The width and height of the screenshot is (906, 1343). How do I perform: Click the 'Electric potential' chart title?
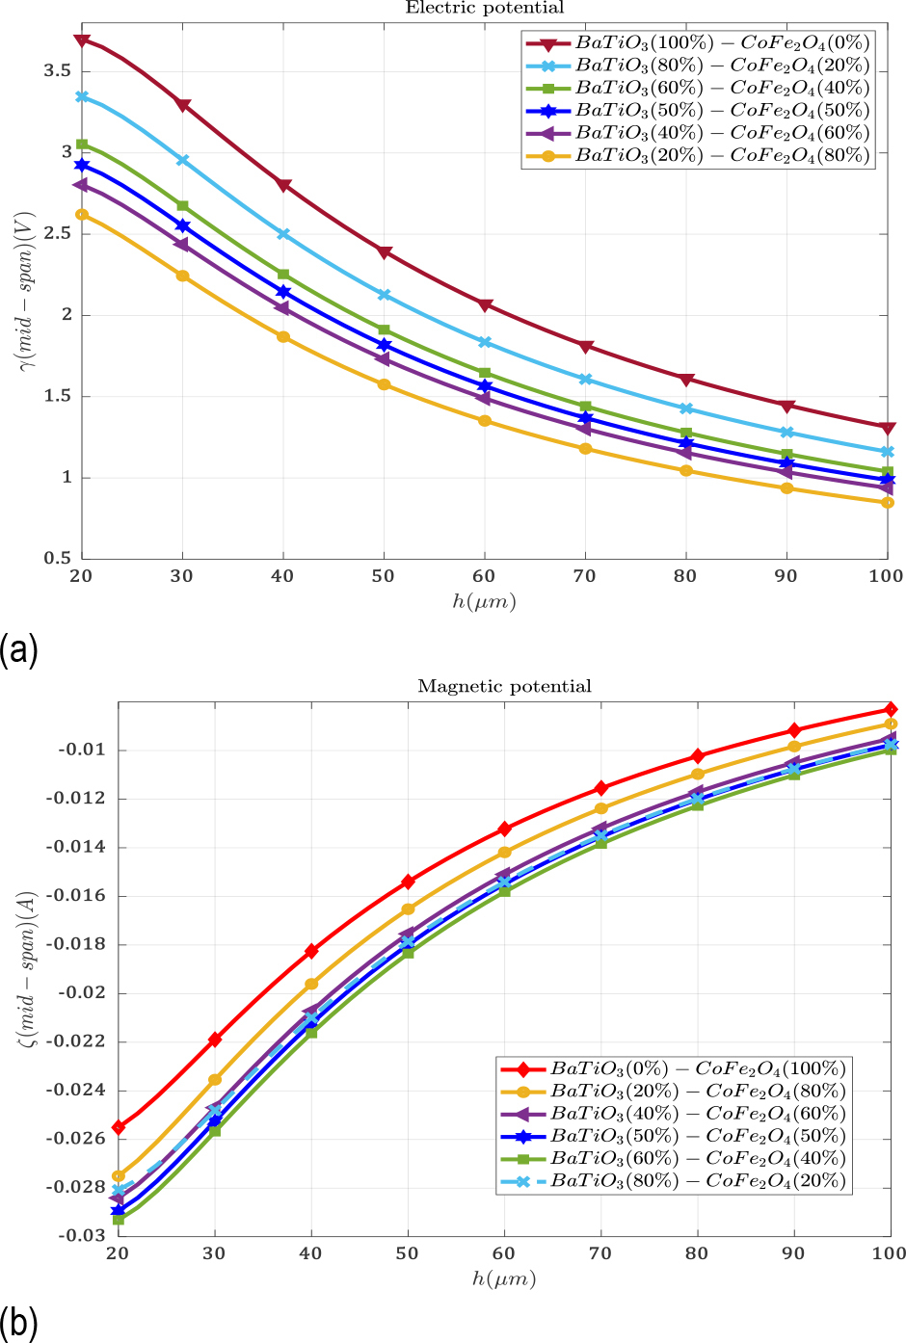point(484,9)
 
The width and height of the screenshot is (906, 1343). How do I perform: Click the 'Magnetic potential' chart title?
point(504,687)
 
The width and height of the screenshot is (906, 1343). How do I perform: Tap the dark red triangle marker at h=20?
point(82,40)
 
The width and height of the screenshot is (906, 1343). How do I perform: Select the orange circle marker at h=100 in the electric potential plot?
point(888,503)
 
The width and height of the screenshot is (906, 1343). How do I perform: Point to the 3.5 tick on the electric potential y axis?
point(58,71)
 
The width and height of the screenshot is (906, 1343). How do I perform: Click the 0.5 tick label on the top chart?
point(58,559)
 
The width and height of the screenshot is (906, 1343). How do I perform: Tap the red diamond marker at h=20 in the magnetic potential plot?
point(119,1127)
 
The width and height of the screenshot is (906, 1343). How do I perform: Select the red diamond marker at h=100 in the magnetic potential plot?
point(891,709)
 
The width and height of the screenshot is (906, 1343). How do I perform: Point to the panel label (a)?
point(18,649)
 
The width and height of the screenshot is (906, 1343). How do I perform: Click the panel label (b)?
point(18,1323)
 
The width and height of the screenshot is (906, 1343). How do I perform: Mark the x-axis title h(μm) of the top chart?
point(484,602)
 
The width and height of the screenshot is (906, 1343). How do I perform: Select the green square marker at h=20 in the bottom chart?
point(119,1220)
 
